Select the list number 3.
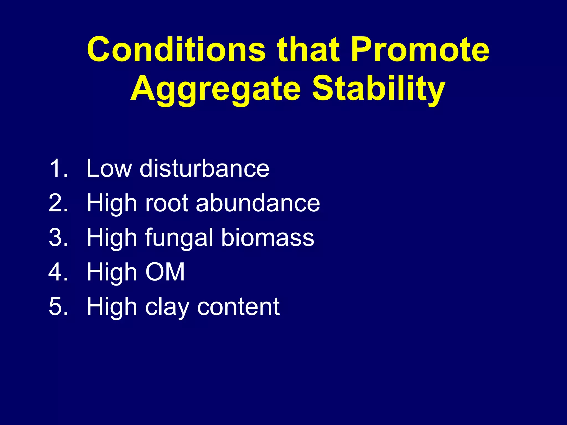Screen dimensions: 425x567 click(x=58, y=237)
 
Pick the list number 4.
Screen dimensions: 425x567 click(x=58, y=272)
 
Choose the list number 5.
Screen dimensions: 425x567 click(x=58, y=307)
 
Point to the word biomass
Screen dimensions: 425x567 click(x=267, y=237)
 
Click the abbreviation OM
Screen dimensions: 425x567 click(x=165, y=272)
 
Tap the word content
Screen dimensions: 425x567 click(x=238, y=307)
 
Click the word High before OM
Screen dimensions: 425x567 click(x=112, y=272)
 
